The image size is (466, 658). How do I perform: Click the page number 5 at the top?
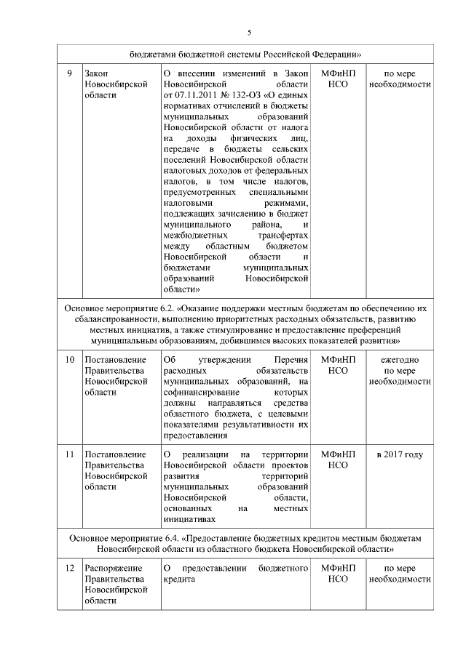249,33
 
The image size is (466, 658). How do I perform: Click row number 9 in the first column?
68,73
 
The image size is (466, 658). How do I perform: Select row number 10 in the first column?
69,360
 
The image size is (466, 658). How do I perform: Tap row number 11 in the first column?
69,454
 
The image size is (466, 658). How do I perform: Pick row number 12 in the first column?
69,568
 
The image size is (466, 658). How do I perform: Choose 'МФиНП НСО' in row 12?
338,573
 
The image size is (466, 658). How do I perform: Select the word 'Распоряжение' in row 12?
115,568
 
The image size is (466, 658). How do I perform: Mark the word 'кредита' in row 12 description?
178,579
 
